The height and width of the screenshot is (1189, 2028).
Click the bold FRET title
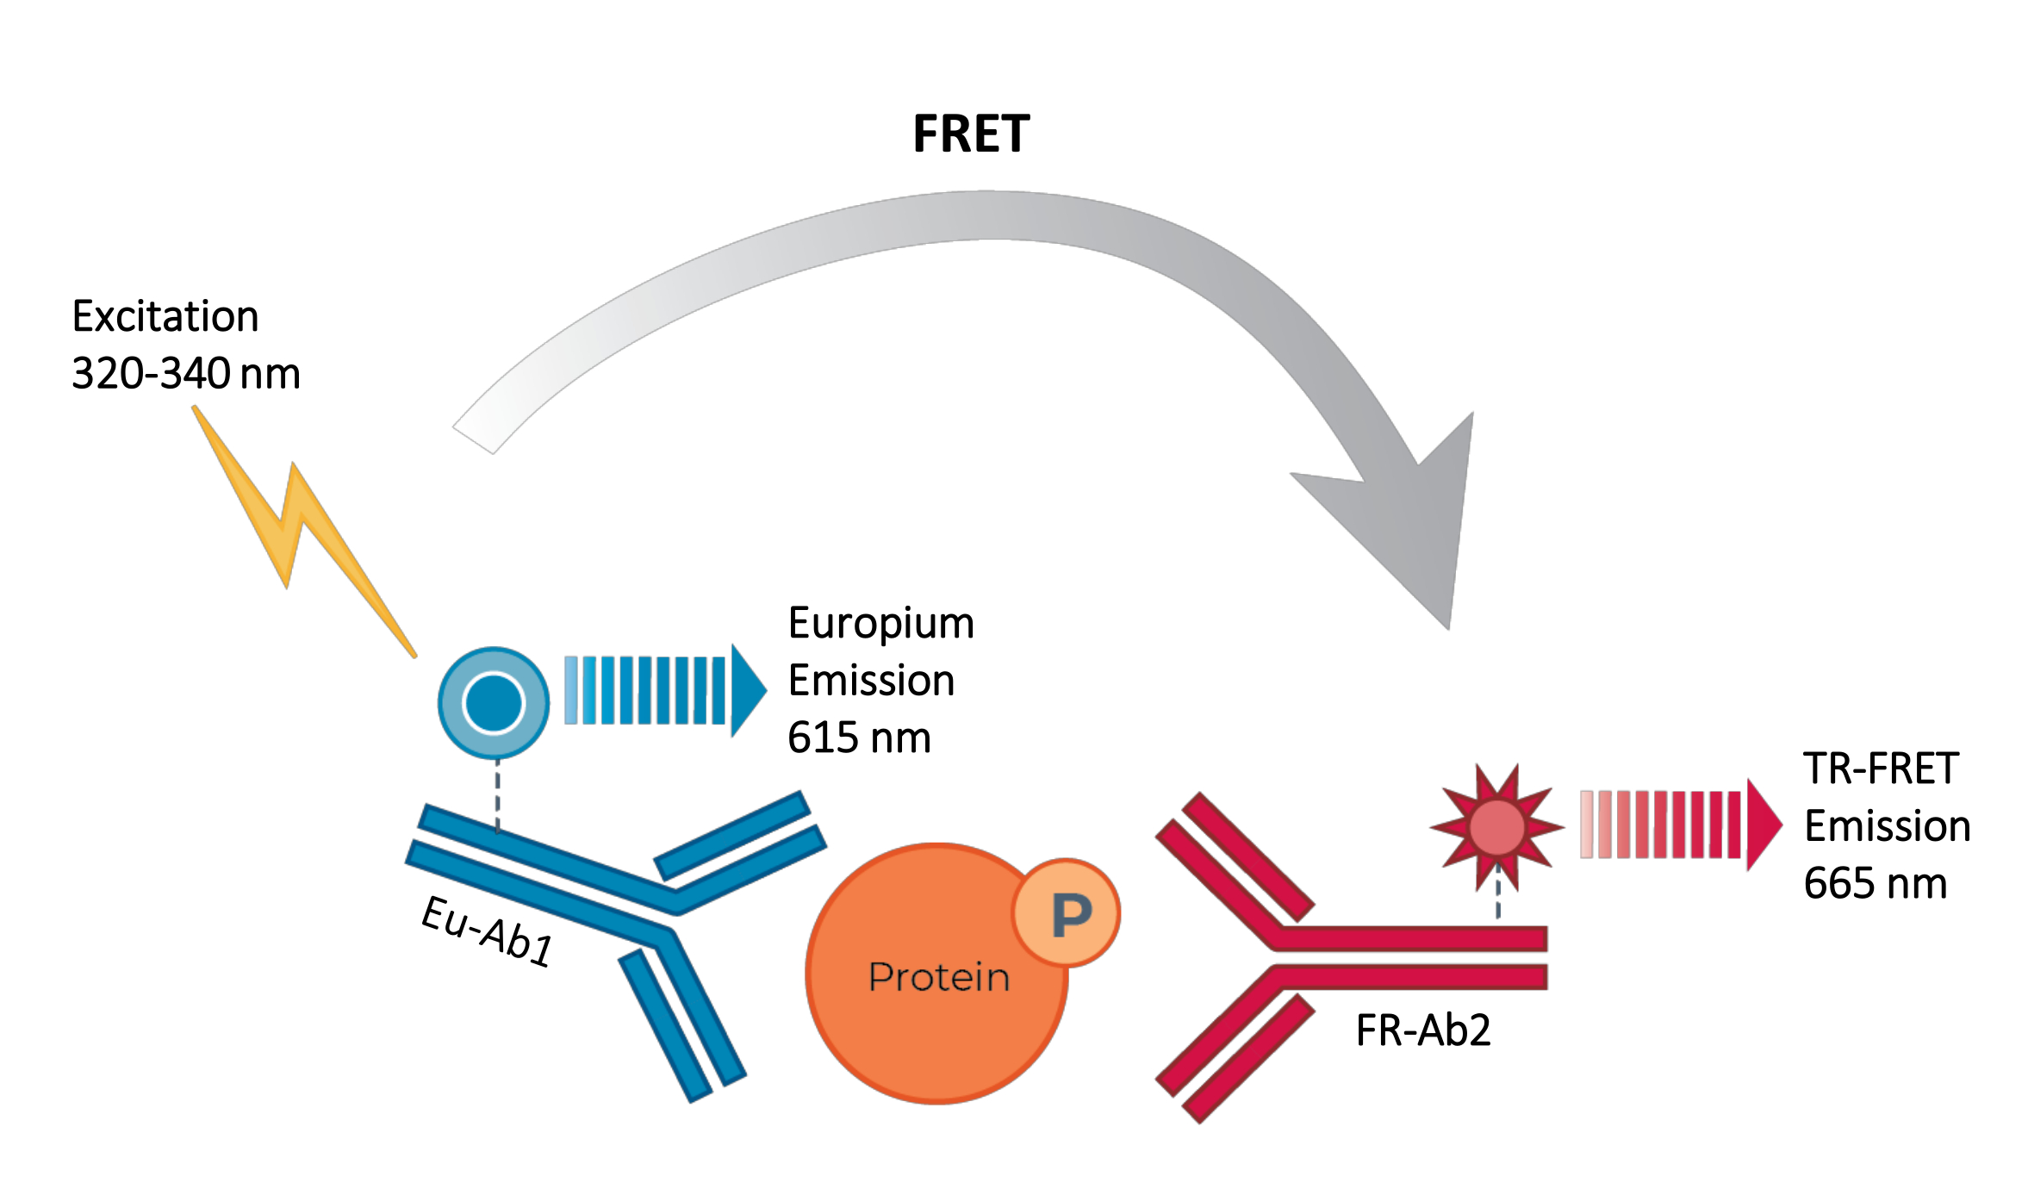tap(971, 135)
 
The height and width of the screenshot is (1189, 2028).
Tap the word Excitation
tap(165, 316)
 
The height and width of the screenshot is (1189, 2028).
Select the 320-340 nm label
tap(185, 374)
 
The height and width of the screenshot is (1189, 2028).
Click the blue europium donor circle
tap(494, 702)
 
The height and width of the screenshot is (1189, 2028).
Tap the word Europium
tap(880, 624)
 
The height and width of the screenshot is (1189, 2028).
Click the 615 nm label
tap(859, 738)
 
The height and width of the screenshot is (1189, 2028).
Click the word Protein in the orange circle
tap(938, 977)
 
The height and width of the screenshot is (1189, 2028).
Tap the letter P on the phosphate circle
tap(1071, 914)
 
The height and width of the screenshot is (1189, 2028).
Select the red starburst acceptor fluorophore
tap(1497, 827)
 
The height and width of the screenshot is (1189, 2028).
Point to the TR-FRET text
tap(1881, 769)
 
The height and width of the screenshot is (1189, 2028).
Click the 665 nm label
tap(1876, 884)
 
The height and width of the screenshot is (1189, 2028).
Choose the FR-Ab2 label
tap(1423, 1030)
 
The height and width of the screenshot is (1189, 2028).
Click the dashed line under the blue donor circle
tap(497, 797)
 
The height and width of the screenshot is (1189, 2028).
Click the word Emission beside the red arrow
tap(1887, 826)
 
